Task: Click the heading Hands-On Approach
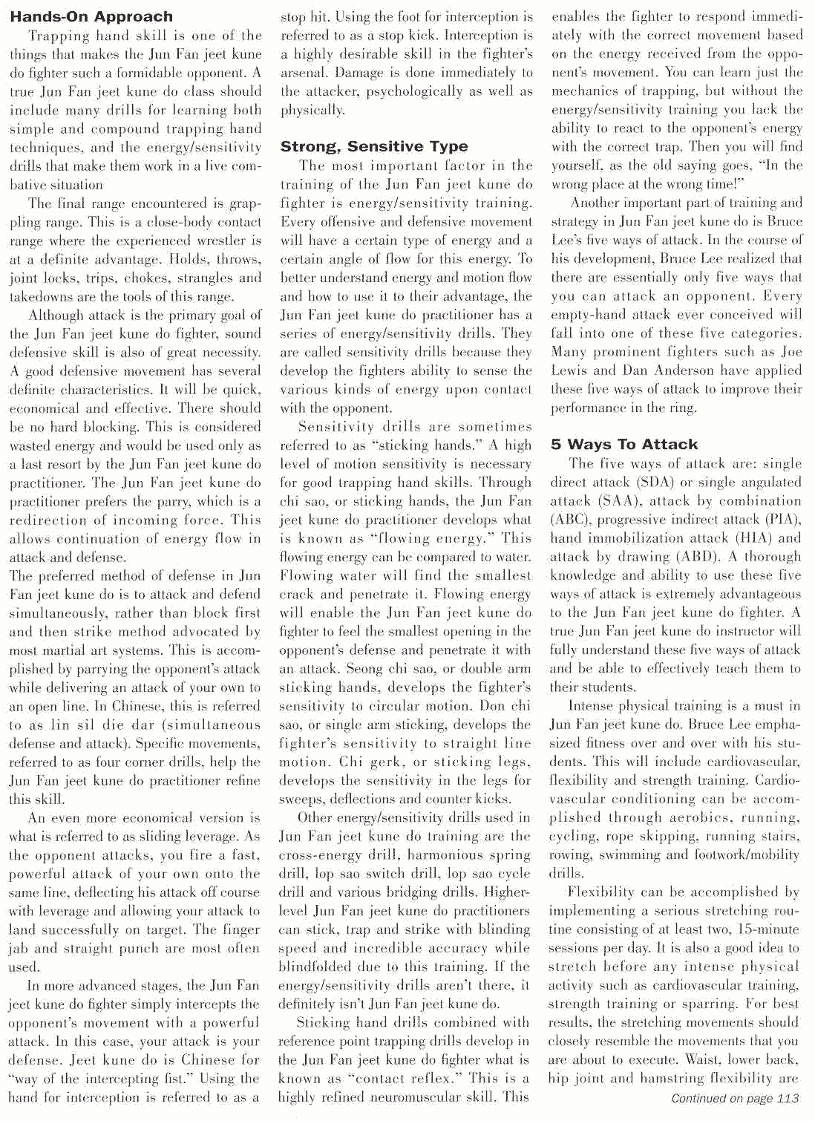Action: [x=91, y=16]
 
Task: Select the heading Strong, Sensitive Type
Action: [x=374, y=146]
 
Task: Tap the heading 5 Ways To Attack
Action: [x=624, y=444]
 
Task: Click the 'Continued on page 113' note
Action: [x=735, y=1099]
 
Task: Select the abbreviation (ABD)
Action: [x=677, y=557]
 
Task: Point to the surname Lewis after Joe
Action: [x=572, y=370]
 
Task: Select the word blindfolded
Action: [x=317, y=967]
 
